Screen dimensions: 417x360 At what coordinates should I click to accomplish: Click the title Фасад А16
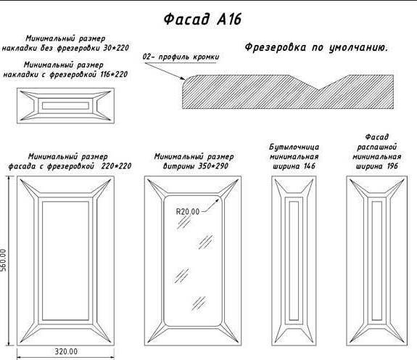coord(202,20)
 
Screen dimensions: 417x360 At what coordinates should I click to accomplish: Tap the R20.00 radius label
coord(188,211)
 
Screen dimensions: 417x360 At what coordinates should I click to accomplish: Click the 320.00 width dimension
coord(66,351)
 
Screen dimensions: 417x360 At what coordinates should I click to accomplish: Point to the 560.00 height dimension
coord(4,260)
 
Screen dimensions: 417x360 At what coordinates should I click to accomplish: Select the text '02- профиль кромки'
coord(181,57)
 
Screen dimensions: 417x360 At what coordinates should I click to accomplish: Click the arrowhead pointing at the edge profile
coord(182,78)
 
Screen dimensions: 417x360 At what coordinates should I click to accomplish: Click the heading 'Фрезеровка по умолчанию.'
coord(316,48)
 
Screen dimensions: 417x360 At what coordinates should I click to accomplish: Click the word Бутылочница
coord(294,147)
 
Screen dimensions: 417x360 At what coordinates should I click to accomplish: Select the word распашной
coord(377,147)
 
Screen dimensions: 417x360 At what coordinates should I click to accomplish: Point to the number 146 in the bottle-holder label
coord(309,166)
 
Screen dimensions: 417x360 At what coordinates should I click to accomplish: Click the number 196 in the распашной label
coord(392,166)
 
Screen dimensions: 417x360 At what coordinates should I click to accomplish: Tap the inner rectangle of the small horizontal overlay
coord(65,102)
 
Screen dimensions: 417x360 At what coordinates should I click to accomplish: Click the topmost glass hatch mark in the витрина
coord(183,222)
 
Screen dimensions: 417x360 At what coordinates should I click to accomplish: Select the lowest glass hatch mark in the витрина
coord(199,303)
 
